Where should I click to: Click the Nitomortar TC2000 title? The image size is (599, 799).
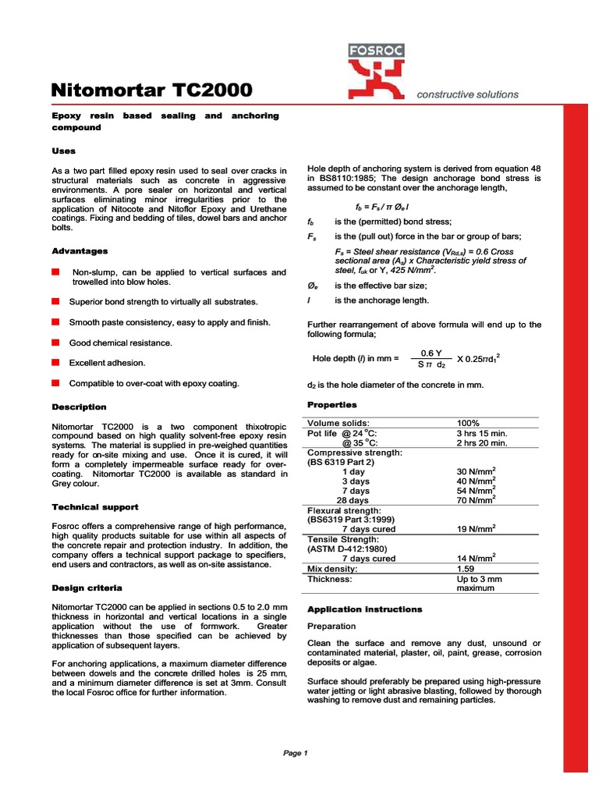pos(151,91)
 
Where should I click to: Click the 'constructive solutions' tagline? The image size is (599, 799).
pos(467,94)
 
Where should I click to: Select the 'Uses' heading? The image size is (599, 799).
pos(63,151)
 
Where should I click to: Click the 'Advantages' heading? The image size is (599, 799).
pos(80,251)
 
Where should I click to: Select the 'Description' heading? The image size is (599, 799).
pos(79,407)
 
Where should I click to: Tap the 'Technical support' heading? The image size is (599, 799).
pos(94,506)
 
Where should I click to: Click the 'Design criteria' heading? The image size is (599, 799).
pos(86,587)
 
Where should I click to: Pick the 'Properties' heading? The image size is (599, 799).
pos(331,405)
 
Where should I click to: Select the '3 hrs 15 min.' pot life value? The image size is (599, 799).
pos(481,433)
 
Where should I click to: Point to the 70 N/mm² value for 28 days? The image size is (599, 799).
pos(476,500)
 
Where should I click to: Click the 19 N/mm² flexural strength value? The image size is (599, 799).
pos(476,529)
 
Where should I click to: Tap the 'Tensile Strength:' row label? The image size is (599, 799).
pos(343,539)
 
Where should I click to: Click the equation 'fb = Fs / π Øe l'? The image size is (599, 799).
pos(383,207)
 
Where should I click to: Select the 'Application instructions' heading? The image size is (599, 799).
pos(364,609)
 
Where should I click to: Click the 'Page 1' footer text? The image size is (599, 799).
pos(296,753)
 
